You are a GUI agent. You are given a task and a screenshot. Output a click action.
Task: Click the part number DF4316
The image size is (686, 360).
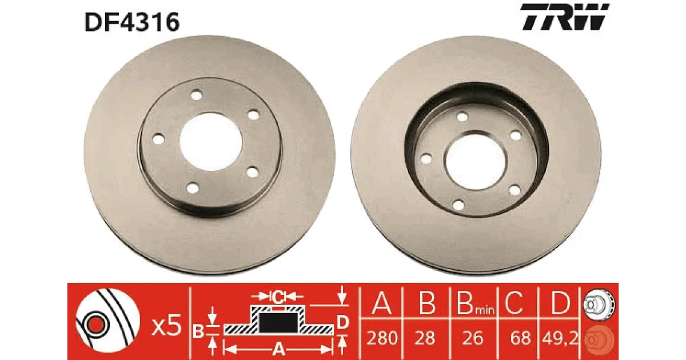pyautogui.click(x=132, y=22)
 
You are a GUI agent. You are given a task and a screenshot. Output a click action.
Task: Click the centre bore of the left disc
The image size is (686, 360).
pyautogui.click(x=211, y=142)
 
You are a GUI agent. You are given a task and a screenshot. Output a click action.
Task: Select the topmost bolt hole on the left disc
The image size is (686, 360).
pyautogui.click(x=196, y=95)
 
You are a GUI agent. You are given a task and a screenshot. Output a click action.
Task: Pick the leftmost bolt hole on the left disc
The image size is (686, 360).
pyautogui.click(x=158, y=139)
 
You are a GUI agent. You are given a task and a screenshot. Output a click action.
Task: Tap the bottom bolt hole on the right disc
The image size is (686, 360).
pyautogui.click(x=458, y=205)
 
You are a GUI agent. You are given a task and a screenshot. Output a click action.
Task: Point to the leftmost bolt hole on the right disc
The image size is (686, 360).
pyautogui.click(x=426, y=159)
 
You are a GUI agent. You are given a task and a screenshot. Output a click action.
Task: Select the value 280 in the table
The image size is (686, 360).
pyautogui.click(x=382, y=338)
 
